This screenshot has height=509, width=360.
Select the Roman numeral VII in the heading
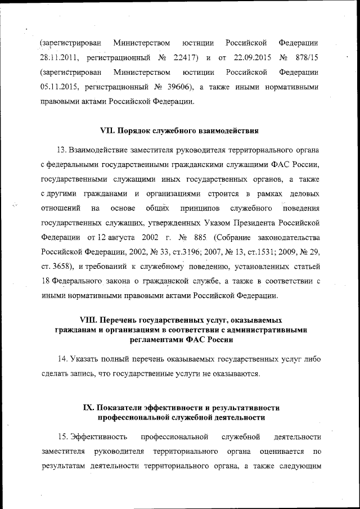point(106,131)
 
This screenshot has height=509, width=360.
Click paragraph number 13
point(62,150)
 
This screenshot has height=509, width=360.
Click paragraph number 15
point(62,437)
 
